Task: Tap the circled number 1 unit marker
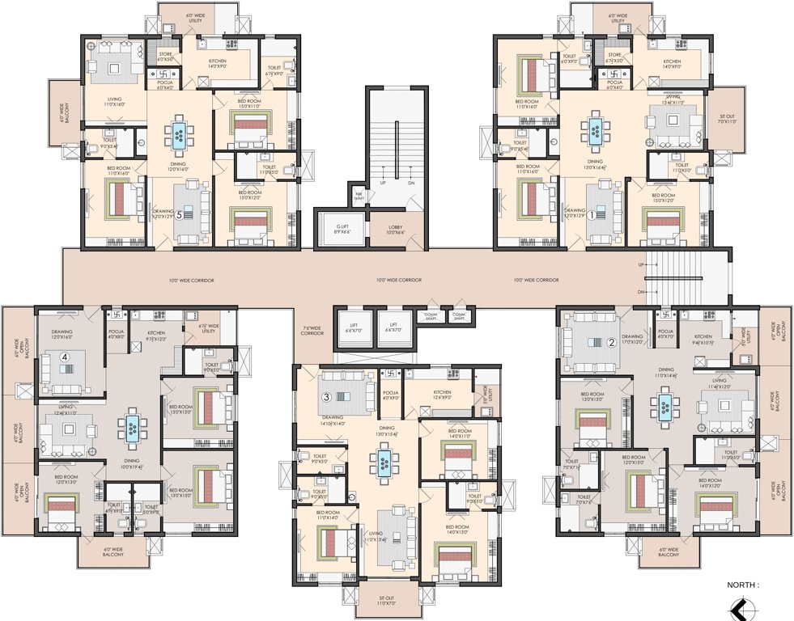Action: pos(592,216)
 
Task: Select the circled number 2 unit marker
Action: pos(612,342)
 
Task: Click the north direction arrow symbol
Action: pos(738,607)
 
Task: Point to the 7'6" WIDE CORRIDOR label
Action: pos(312,331)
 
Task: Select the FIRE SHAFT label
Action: pos(357,196)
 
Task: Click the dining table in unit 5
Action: pos(179,133)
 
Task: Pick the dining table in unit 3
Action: pos(384,463)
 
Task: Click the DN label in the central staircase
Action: pos(410,183)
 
